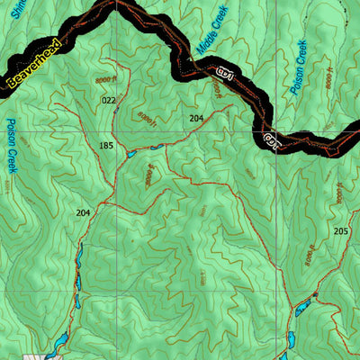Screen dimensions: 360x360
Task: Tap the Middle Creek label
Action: tap(212, 26)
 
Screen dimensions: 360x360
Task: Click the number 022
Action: tap(109, 100)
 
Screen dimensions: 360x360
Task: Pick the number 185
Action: tap(106, 145)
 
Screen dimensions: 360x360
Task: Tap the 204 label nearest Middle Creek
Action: tap(196, 118)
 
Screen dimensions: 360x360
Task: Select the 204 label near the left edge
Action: tap(84, 212)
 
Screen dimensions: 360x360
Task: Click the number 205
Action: tap(340, 231)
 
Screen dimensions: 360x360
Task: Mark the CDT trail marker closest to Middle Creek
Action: tap(222, 72)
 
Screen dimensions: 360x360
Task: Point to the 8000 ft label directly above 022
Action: tap(103, 81)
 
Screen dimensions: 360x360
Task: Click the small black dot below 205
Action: tap(316, 295)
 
